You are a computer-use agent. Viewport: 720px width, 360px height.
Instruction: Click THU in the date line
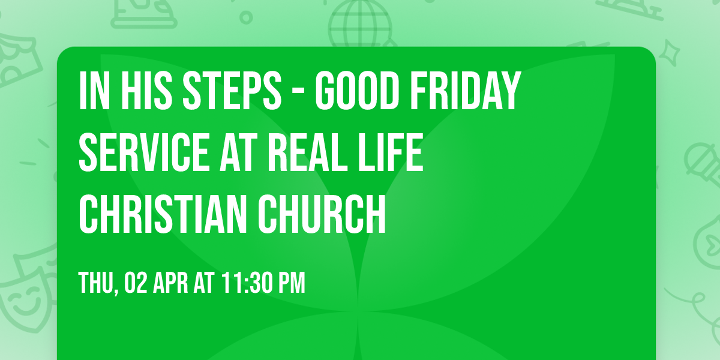[96, 283]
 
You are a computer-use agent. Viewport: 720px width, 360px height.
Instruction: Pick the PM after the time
[292, 283]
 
